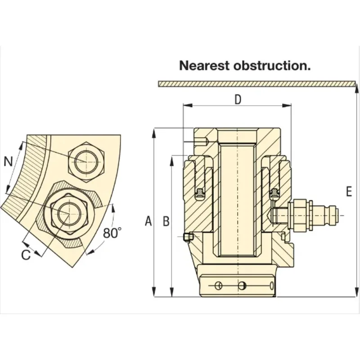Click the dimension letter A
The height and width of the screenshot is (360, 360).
pyautogui.click(x=148, y=221)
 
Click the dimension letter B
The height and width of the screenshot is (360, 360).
pyautogui.click(x=166, y=221)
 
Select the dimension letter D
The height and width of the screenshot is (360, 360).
pyautogui.click(x=238, y=99)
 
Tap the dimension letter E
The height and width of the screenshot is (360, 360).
pyautogui.click(x=349, y=192)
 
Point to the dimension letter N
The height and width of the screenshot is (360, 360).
pyautogui.click(x=8, y=162)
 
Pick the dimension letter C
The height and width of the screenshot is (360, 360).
pyautogui.click(x=26, y=255)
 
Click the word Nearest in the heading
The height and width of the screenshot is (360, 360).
pyautogui.click(x=204, y=65)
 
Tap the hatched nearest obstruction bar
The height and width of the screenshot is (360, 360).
pyautogui.click(x=256, y=84)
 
